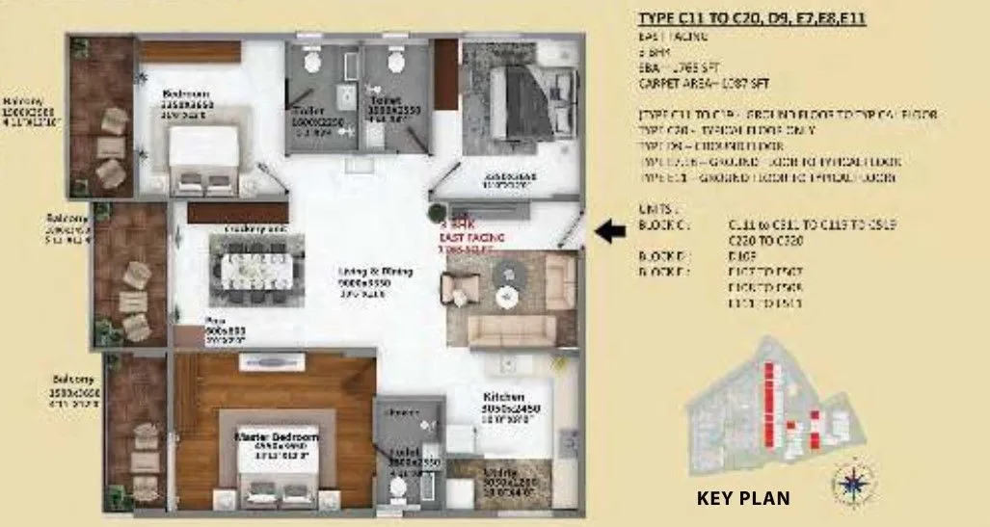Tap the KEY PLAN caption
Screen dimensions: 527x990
(743, 499)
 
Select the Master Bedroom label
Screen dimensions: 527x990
(277, 436)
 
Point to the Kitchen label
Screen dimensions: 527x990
(504, 396)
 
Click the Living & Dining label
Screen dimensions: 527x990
(375, 272)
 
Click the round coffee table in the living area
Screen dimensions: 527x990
(508, 277)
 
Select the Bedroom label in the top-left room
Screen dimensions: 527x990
(187, 94)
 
